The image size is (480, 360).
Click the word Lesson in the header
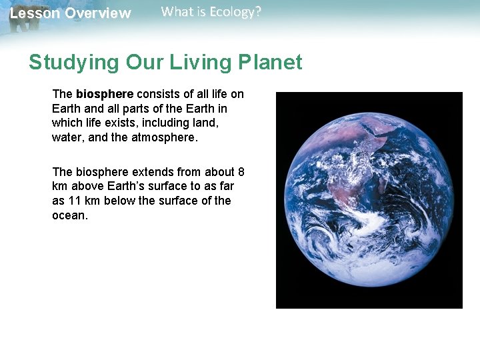coord(31,13)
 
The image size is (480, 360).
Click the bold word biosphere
coord(105,95)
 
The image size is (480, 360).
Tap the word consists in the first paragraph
coord(160,95)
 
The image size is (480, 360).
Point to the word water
coord(66,138)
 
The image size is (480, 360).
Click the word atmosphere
coord(163,138)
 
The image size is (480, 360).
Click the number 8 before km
coord(241,172)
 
